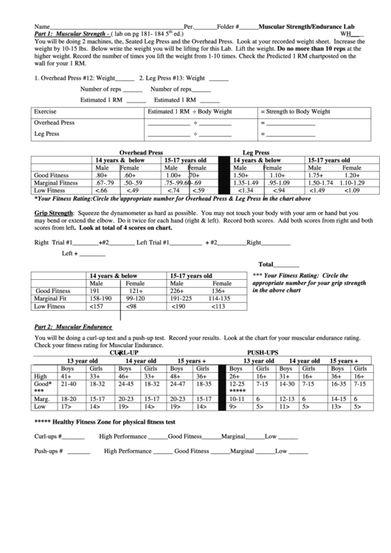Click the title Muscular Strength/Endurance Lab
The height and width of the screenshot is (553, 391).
[x=307, y=25]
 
